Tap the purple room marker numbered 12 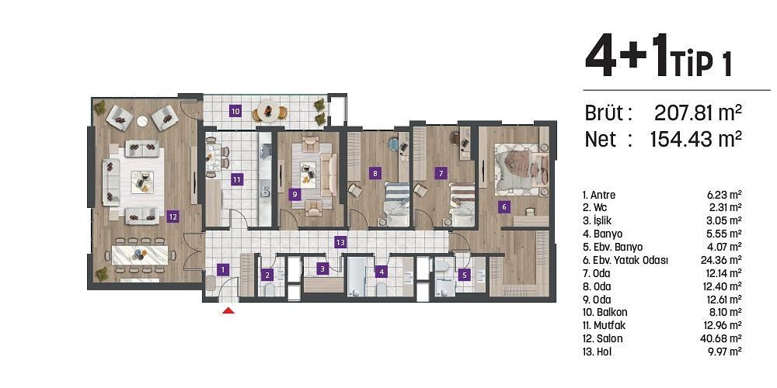click(x=172, y=217)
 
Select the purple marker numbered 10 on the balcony click(x=235, y=111)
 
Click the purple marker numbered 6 click(x=503, y=206)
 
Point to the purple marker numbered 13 click(x=340, y=242)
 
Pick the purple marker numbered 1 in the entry click(x=223, y=270)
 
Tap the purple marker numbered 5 click(x=464, y=274)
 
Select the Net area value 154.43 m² click(x=695, y=140)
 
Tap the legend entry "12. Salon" click(x=602, y=338)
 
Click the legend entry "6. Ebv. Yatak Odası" click(x=625, y=260)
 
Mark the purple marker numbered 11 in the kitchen click(x=236, y=179)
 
